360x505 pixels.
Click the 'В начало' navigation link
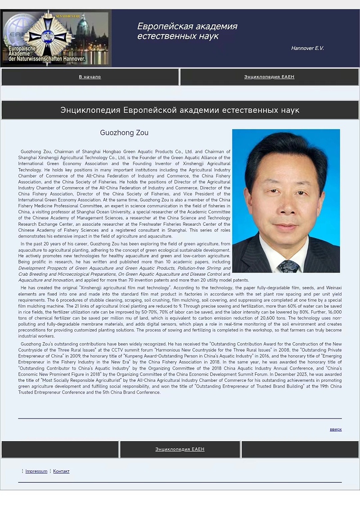pos(90,77)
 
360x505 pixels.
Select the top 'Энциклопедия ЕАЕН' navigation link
pos(269,77)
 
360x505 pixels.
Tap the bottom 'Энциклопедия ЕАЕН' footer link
pos(180,449)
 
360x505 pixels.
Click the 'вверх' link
pos(336,429)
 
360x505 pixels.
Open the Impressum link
pos(36,471)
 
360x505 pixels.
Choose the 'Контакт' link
pos(61,471)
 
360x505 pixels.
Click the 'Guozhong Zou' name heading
pos(124,133)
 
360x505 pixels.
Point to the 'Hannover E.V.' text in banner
pos(307,48)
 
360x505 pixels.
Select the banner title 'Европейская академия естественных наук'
pos(187,31)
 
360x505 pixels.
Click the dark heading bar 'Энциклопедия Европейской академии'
pos(180,110)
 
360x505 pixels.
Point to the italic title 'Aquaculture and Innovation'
pos(45,280)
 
